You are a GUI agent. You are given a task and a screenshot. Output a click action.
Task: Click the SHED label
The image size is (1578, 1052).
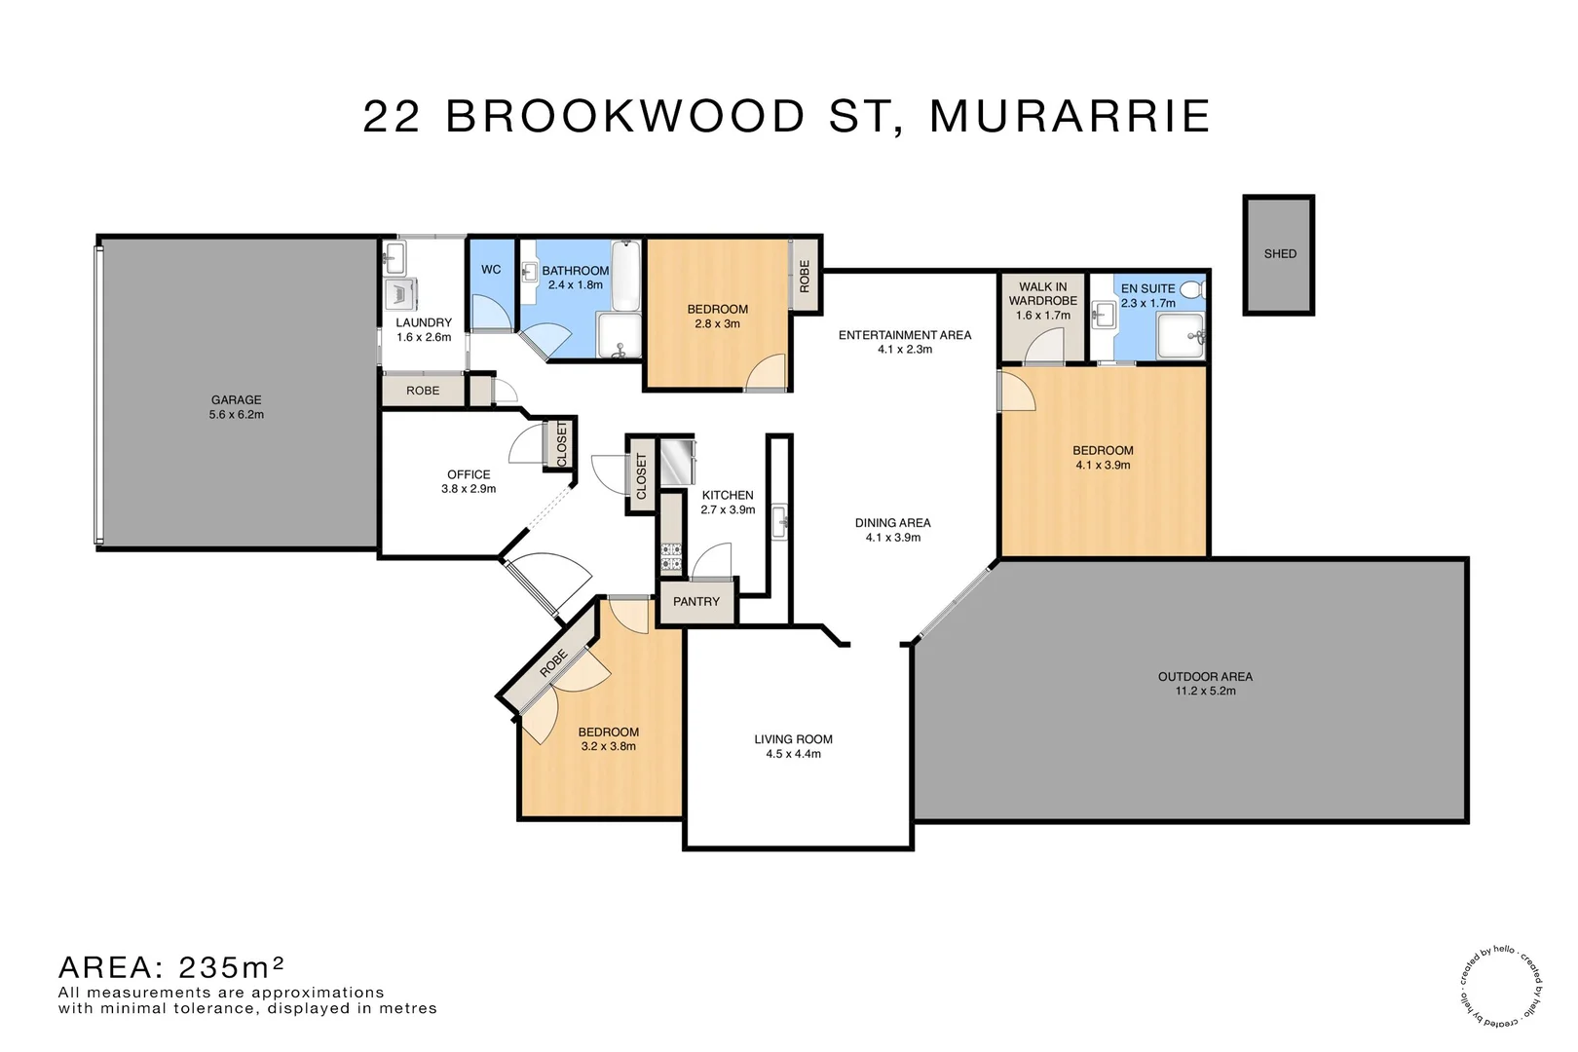[1280, 254]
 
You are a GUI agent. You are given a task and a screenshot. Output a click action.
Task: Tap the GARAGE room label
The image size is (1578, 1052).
[236, 399]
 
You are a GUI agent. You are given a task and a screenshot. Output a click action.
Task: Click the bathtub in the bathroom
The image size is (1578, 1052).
[625, 276]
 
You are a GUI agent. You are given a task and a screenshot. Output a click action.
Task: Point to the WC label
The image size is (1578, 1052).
[491, 270]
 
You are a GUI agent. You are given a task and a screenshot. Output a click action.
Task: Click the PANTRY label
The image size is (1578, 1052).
[696, 602]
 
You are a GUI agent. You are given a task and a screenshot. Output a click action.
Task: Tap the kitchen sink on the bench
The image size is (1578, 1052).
[779, 521]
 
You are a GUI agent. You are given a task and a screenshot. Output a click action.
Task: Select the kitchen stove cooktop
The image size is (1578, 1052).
[671, 558]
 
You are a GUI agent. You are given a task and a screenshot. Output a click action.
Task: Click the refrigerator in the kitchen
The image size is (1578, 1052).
[677, 462]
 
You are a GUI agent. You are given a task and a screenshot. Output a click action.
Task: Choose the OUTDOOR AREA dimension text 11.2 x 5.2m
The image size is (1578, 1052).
[1205, 692]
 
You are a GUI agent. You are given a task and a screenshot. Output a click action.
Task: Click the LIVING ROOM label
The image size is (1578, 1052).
[793, 739]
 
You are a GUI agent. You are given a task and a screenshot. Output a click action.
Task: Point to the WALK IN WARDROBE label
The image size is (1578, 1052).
[1042, 293]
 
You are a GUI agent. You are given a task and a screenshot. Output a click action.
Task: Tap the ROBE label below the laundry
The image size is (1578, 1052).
[423, 391]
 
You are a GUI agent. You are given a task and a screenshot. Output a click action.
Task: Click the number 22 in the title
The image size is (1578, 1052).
[392, 117]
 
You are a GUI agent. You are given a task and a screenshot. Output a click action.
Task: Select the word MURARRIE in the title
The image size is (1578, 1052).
[1070, 117]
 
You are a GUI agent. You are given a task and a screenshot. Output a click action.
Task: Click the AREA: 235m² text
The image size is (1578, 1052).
[171, 967]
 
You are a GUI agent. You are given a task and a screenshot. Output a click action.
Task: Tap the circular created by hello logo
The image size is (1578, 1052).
[1501, 985]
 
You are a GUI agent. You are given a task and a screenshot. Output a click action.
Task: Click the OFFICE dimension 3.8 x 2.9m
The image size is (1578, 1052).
[469, 489]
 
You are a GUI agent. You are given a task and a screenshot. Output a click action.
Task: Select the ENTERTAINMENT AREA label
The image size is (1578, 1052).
[904, 335]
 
